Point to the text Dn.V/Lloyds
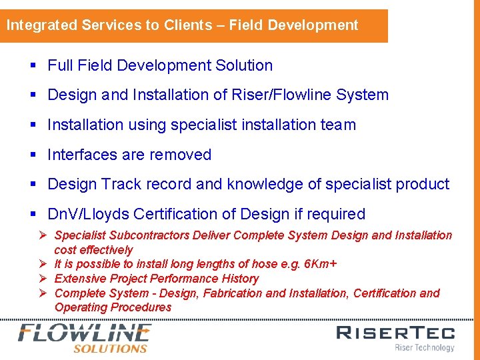pyautogui.click(x=88, y=214)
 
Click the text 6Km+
pyautogui.click(x=320, y=264)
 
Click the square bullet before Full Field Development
pyautogui.click(x=33, y=65)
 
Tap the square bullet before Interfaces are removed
pyautogui.click(x=33, y=155)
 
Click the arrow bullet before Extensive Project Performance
pyautogui.click(x=42, y=279)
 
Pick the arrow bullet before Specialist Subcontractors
pyautogui.click(x=42, y=235)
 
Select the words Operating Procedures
pyautogui.click(x=113, y=307)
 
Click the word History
pyautogui.click(x=240, y=279)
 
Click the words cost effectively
pyautogui.click(x=93, y=250)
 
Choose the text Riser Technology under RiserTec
pyautogui.click(x=424, y=347)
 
